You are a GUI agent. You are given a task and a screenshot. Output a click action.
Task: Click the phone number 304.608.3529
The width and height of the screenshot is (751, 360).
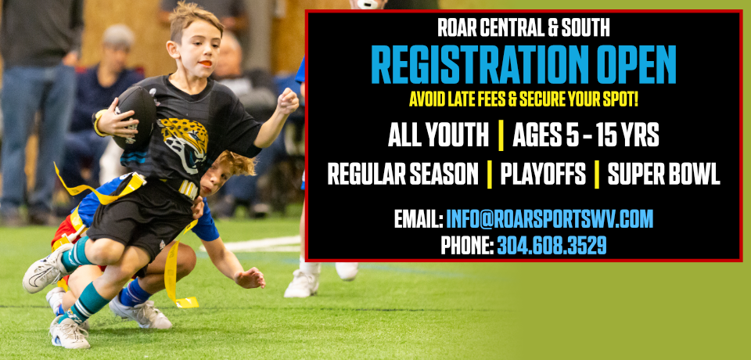point(552,246)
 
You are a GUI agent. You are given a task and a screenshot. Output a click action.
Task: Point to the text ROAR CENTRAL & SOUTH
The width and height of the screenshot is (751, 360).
point(524,29)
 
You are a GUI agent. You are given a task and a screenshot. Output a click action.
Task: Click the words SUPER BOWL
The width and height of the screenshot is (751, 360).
point(663,175)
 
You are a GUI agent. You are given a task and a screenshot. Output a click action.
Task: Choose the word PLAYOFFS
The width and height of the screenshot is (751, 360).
point(542,175)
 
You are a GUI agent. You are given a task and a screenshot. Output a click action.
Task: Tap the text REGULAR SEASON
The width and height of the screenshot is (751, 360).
point(403,175)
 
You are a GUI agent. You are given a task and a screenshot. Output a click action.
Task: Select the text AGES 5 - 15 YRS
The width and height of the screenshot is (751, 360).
point(586,136)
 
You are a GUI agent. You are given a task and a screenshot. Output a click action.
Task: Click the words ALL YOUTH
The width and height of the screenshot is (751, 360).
point(438,136)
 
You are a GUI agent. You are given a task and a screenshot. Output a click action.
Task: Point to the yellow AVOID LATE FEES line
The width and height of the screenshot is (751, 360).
point(523,99)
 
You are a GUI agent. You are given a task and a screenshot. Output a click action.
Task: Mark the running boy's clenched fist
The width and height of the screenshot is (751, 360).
point(288,100)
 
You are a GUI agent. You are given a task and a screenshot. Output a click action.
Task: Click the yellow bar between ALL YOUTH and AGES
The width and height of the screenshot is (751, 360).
point(501,136)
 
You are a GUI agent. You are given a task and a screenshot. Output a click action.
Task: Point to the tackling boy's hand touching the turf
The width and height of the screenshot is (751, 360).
point(249,277)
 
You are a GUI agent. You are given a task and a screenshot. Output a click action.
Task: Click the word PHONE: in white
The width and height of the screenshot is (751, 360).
point(466,246)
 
